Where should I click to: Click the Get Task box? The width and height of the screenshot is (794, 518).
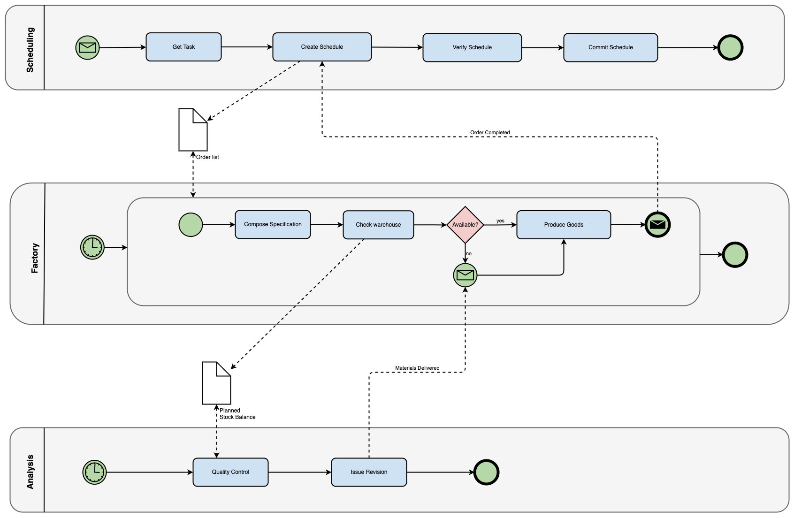tap(183, 47)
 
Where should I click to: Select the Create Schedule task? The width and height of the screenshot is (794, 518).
tap(322, 47)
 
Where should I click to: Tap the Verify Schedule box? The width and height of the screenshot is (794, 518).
tap(472, 47)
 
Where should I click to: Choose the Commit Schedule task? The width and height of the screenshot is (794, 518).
tap(611, 47)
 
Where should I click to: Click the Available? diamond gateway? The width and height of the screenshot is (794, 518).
tap(465, 225)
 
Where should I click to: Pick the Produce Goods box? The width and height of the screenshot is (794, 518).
tap(564, 225)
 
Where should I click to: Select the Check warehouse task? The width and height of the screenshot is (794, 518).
tap(378, 225)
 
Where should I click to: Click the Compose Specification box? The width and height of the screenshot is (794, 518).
tap(273, 224)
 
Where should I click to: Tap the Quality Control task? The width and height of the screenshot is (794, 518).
tap(230, 472)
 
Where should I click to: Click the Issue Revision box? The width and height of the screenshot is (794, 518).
tap(369, 472)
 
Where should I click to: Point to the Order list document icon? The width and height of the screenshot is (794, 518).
tap(193, 130)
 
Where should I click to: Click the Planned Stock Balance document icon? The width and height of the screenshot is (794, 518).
tap(216, 383)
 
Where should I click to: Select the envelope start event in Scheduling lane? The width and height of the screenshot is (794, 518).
tap(88, 47)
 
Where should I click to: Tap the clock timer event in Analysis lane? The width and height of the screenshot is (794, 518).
tap(95, 472)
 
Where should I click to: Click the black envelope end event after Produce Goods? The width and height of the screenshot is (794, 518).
tap(657, 225)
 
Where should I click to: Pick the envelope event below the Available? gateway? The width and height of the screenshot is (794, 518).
tap(465, 275)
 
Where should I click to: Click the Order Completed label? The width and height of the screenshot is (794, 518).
tap(490, 133)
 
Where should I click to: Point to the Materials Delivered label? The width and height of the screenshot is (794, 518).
tap(417, 368)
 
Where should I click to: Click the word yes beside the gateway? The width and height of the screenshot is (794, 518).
tap(500, 221)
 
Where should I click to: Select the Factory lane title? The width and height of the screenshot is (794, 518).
tap(35, 258)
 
